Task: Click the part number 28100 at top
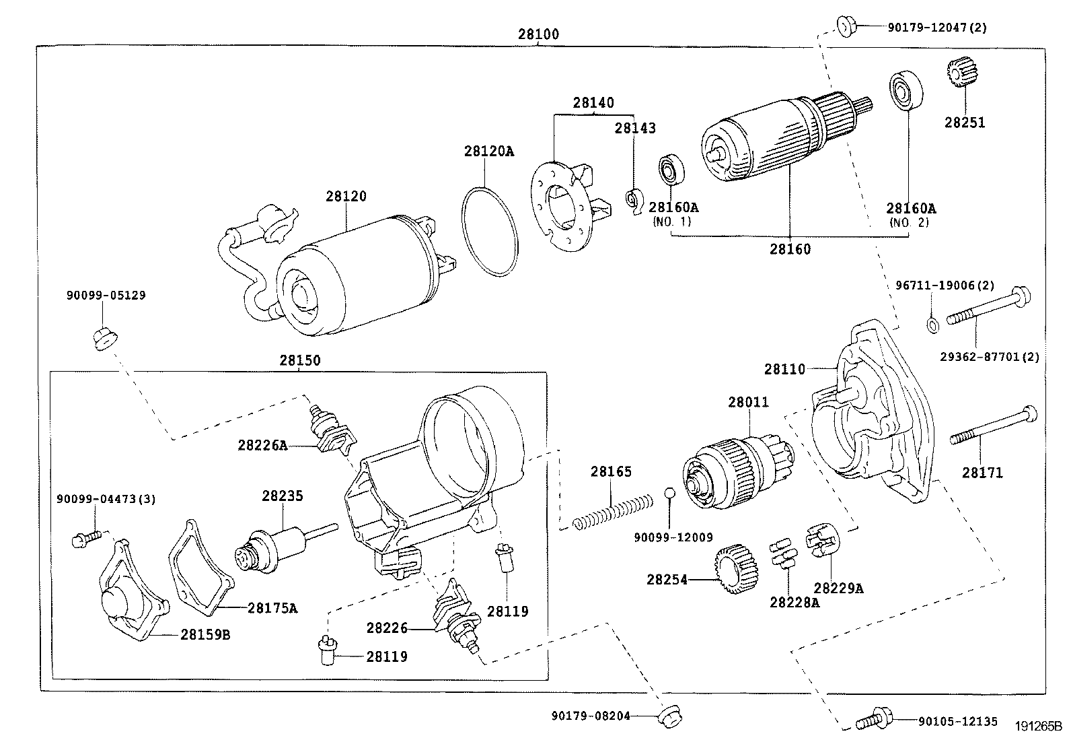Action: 538,34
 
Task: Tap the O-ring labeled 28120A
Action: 490,232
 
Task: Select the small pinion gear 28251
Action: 961,72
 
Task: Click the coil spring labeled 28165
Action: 612,513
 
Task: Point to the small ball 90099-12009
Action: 669,492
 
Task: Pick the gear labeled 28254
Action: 737,569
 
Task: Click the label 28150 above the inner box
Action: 300,360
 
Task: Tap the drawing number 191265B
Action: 1038,726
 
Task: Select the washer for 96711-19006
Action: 933,325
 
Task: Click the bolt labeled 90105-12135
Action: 874,719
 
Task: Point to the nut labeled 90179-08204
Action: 669,717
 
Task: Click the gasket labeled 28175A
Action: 200,568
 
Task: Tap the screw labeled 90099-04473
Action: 87,539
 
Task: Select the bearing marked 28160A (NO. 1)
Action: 671,170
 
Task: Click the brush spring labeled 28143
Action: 635,201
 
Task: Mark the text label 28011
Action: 748,402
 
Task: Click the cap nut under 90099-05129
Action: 105,339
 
